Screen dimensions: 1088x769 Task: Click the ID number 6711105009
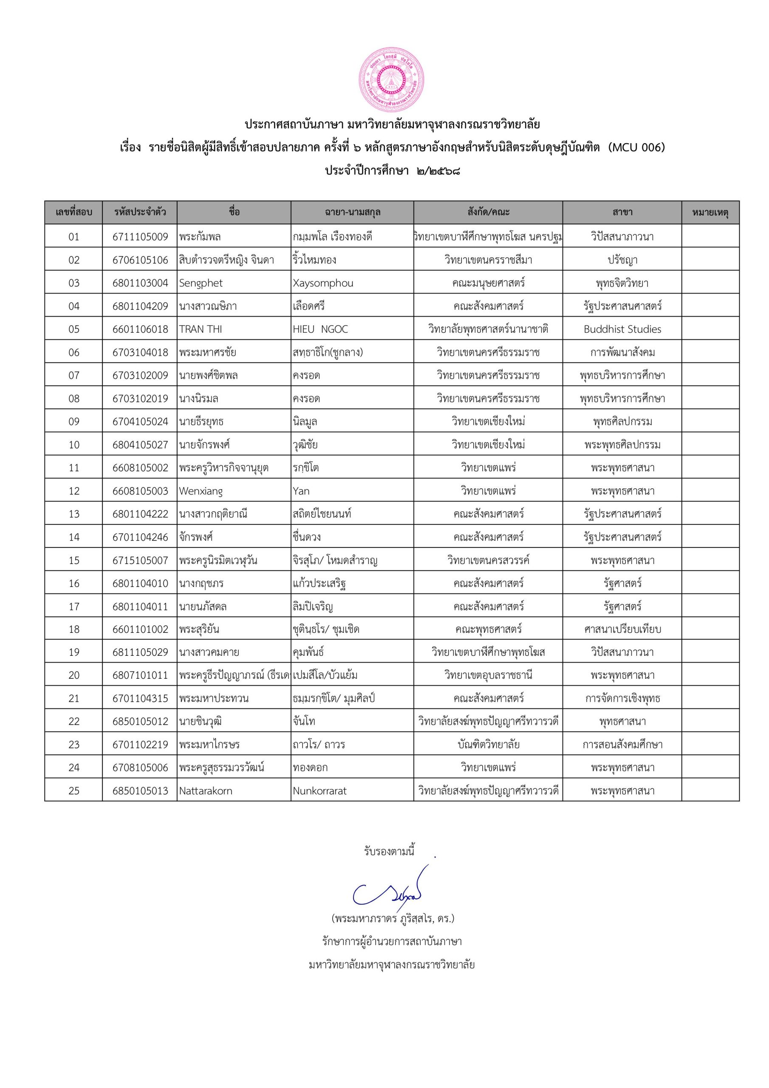click(x=140, y=236)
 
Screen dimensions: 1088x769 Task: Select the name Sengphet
click(x=201, y=283)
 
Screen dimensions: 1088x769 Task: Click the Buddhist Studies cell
click(x=622, y=329)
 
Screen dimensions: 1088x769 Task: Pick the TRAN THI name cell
click(x=201, y=329)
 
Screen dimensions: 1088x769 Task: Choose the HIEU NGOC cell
click(x=320, y=329)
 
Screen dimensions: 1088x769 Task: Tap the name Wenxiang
click(x=201, y=491)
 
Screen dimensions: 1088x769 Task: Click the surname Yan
click(x=301, y=491)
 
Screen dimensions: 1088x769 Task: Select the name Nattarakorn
click(x=206, y=791)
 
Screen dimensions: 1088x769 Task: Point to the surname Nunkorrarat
click(x=319, y=791)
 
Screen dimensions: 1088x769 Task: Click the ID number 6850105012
click(x=140, y=722)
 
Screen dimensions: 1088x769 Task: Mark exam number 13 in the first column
click(x=74, y=514)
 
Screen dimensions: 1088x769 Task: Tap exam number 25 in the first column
click(x=74, y=791)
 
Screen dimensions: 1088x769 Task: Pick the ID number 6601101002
click(x=140, y=629)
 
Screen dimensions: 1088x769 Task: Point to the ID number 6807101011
click(x=140, y=675)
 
